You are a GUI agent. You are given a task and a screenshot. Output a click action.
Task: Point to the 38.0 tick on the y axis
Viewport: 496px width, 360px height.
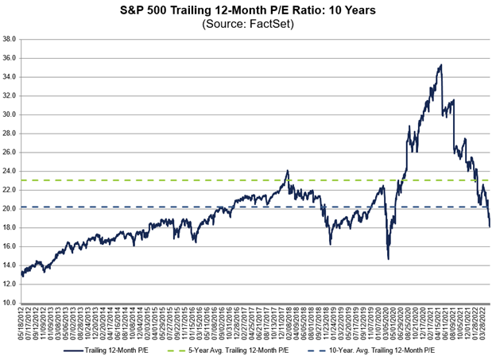click(x=10, y=39)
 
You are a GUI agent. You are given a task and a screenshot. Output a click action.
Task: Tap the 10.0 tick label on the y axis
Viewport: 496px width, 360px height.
click(x=10, y=304)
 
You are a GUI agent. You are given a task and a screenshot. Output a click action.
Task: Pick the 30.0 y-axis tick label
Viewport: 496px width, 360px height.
click(x=10, y=114)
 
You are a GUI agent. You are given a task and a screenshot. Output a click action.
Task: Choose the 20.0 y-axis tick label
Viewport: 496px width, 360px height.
click(x=10, y=209)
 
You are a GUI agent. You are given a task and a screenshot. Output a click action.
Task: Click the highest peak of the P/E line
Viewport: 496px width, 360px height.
click(x=440, y=65)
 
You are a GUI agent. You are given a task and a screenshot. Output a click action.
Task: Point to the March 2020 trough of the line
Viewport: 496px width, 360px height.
click(x=388, y=258)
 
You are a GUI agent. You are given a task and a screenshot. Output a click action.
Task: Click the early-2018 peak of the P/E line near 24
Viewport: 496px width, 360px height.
click(x=287, y=170)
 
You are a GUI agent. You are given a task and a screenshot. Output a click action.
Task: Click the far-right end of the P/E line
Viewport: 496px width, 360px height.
click(x=490, y=226)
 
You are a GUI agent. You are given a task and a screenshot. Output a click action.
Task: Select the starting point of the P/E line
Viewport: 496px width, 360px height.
click(x=21, y=275)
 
